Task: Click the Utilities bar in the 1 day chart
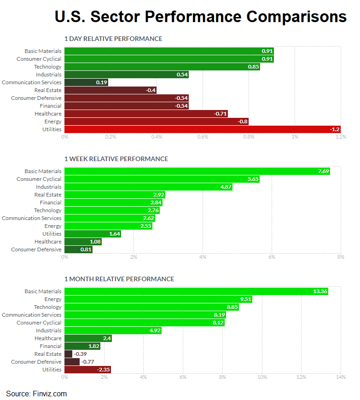[x=203, y=129]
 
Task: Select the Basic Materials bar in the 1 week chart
[x=197, y=171]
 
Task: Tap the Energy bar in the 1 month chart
[x=158, y=299]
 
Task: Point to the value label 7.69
[x=324, y=171]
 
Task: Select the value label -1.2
[x=335, y=129]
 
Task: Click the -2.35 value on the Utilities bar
[x=103, y=370]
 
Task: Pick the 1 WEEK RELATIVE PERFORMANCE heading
[x=116, y=159]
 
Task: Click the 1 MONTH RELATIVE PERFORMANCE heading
[x=119, y=279]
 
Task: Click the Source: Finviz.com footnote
[x=36, y=394]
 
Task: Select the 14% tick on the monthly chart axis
[x=341, y=377]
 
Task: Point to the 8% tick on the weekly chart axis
[x=341, y=257]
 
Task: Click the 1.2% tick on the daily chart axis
[x=341, y=137]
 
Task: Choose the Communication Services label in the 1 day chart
[x=31, y=82]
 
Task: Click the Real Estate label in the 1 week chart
[x=48, y=195]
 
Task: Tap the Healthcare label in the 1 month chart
[x=48, y=338]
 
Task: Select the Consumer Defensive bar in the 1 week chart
[x=78, y=249]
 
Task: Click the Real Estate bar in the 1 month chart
[x=68, y=354]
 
